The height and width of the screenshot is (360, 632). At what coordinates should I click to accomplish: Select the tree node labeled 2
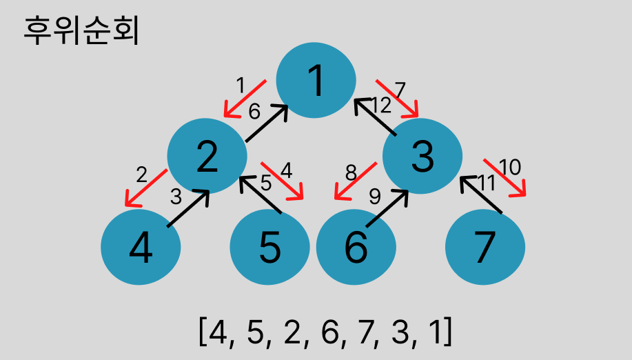[207, 156]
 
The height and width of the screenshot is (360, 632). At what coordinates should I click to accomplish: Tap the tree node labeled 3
[422, 156]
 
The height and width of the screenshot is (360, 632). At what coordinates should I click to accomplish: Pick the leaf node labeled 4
[141, 247]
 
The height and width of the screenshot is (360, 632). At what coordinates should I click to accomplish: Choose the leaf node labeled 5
[269, 247]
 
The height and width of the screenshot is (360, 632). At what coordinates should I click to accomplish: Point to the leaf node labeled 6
[356, 247]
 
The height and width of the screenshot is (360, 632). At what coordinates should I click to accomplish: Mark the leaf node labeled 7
[485, 247]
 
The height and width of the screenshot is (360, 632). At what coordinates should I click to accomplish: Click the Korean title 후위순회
[81, 32]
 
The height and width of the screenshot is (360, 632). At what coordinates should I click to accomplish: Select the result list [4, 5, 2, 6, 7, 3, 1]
[325, 331]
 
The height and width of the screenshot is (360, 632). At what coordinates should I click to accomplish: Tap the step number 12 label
[381, 105]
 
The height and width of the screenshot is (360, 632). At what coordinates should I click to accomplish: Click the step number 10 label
[510, 167]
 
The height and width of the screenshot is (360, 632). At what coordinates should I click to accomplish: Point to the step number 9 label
[374, 196]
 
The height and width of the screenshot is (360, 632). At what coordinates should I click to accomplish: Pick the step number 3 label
[176, 197]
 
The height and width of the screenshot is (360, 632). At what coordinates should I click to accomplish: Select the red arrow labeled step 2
[145, 188]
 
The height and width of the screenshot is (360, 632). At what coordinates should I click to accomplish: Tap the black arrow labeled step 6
[267, 122]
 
